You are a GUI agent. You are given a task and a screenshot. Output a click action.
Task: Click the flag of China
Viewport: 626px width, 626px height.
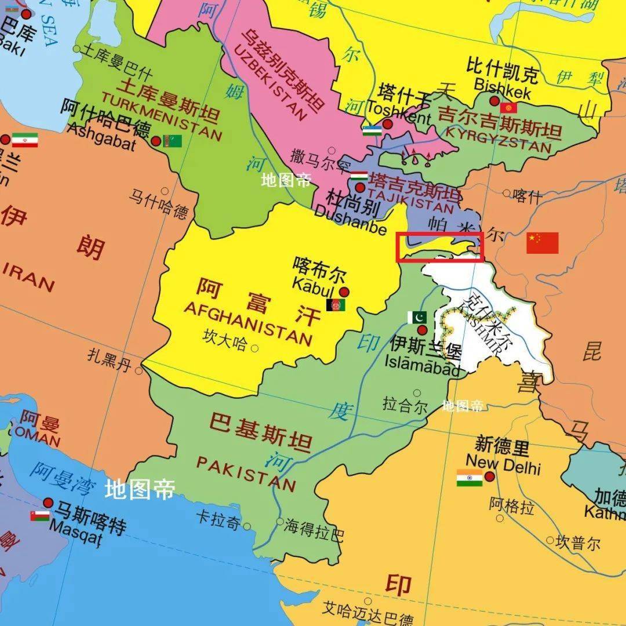tap(542, 243)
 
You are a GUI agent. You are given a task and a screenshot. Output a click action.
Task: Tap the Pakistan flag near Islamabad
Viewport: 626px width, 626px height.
tap(417, 317)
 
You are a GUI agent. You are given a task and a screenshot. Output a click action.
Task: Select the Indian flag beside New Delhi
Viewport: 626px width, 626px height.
tap(469, 478)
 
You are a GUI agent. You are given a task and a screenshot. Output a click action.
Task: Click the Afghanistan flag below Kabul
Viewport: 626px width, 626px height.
tap(336, 305)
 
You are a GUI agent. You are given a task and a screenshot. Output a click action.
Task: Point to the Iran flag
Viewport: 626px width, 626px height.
tap(25, 140)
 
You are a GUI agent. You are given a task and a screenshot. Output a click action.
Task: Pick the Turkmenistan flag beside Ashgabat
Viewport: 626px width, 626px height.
tap(172, 141)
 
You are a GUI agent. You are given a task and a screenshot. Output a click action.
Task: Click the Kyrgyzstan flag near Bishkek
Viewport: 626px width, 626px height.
tap(509, 108)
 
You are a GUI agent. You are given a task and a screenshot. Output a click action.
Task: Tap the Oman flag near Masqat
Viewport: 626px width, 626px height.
tap(40, 515)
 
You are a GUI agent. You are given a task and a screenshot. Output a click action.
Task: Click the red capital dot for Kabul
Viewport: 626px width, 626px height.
tap(344, 292)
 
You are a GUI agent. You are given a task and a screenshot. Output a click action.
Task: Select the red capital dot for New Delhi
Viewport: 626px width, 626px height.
tap(490, 476)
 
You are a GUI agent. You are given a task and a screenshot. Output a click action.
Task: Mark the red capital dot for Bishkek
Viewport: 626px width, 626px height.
tap(494, 101)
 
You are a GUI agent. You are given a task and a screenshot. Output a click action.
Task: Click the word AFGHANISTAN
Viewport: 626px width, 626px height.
tap(248, 323)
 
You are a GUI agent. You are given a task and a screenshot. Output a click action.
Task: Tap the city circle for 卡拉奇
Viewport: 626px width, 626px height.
tap(248, 526)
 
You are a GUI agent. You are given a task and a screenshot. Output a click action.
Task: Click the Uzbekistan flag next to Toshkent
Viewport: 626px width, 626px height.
tap(372, 131)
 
